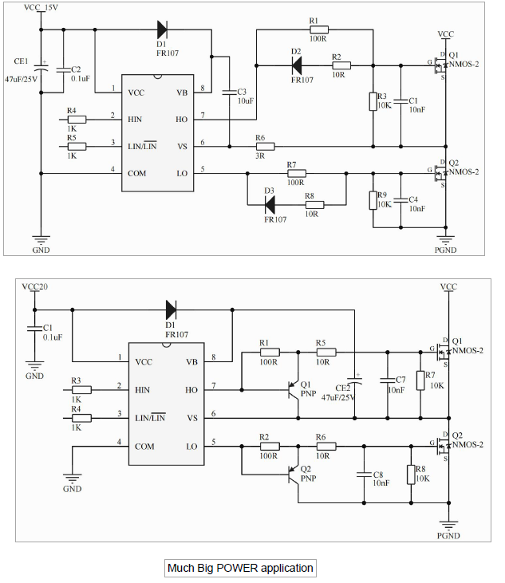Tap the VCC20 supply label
pyautogui.click(x=35, y=286)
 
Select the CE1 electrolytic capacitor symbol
pyautogui.click(x=42, y=69)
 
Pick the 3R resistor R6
pyautogui.click(x=265, y=147)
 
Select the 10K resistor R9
pyautogui.click(x=373, y=199)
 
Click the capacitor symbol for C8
pyautogui.click(x=363, y=475)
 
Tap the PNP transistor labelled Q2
pyautogui.click(x=294, y=478)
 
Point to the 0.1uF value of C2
pyautogui.click(x=80, y=79)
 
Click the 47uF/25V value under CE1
pyautogui.click(x=21, y=80)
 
